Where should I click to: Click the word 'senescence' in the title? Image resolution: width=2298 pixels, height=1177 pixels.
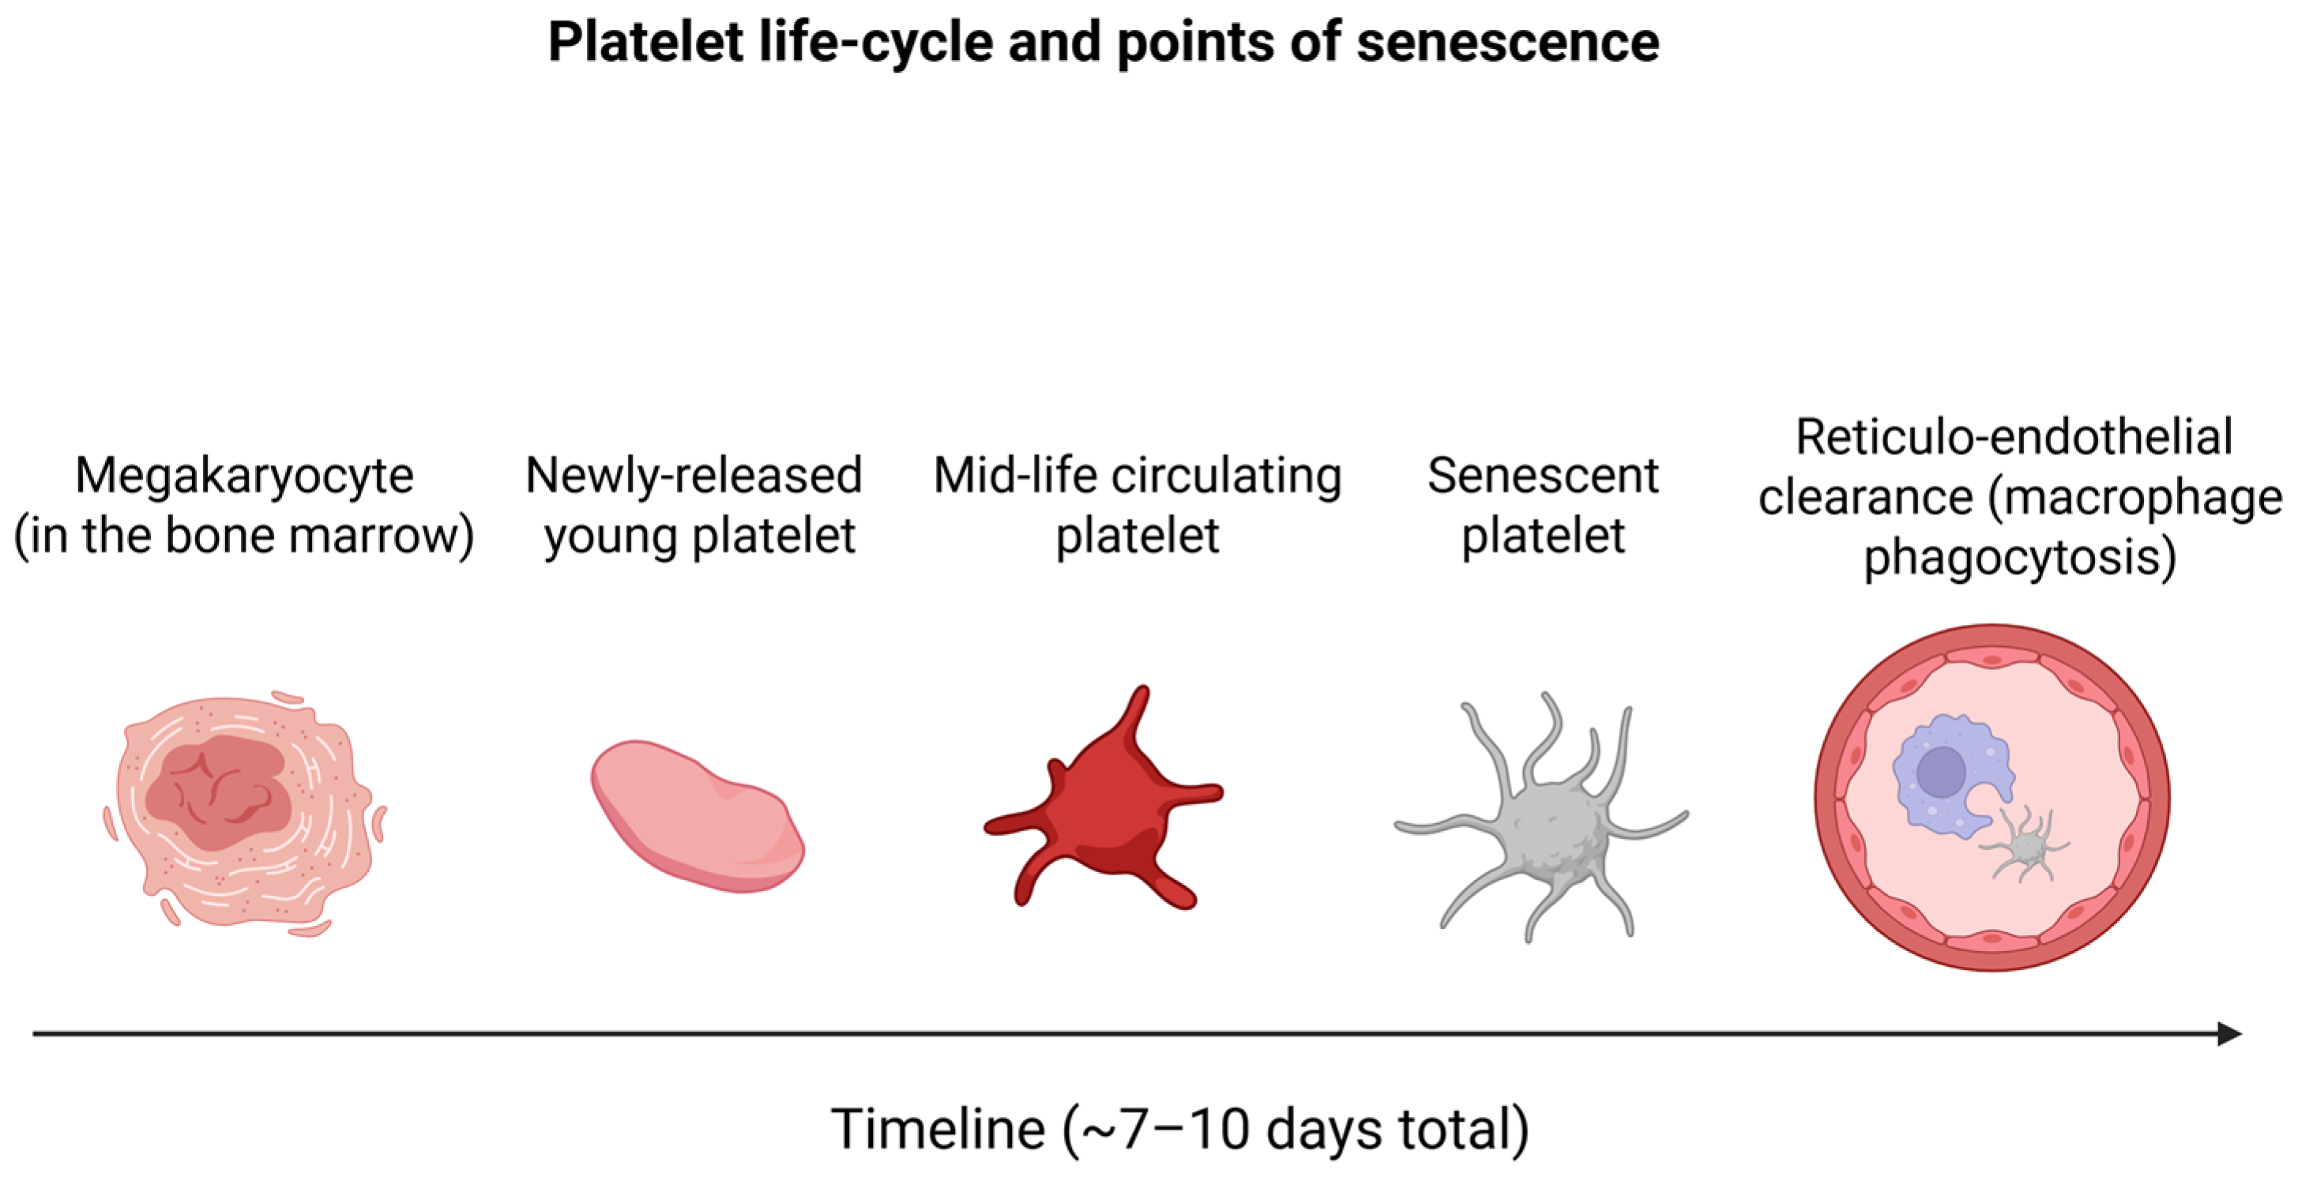1507,42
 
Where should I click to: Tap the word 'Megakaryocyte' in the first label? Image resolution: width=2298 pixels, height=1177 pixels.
244,476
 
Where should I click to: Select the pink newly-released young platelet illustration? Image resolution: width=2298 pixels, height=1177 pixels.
698,815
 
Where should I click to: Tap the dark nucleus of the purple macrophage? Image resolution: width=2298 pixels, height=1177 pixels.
1941,772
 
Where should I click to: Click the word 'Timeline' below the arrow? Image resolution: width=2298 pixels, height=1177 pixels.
938,1129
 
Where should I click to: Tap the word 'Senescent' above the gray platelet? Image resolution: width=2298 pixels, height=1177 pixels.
1544,475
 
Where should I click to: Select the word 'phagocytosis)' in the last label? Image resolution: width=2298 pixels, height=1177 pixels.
2020,558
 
